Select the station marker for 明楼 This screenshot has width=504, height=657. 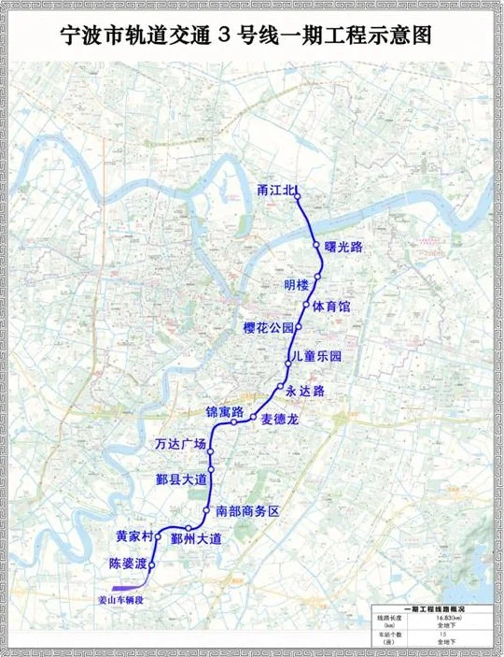point(317,279)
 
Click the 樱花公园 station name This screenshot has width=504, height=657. point(268,328)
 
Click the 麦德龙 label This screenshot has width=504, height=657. point(279,420)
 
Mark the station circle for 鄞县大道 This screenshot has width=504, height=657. point(212,468)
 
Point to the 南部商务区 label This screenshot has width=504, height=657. point(247,511)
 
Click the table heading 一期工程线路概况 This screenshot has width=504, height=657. point(430,607)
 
